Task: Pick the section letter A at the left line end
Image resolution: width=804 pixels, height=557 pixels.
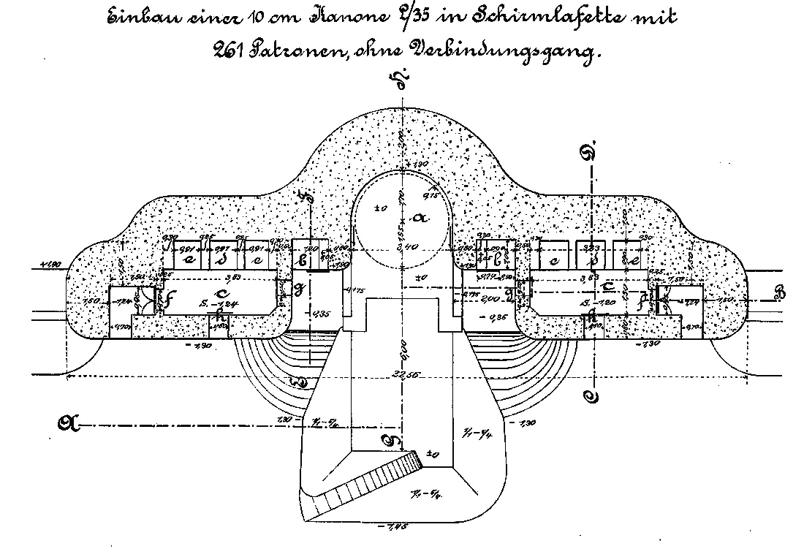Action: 67,422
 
